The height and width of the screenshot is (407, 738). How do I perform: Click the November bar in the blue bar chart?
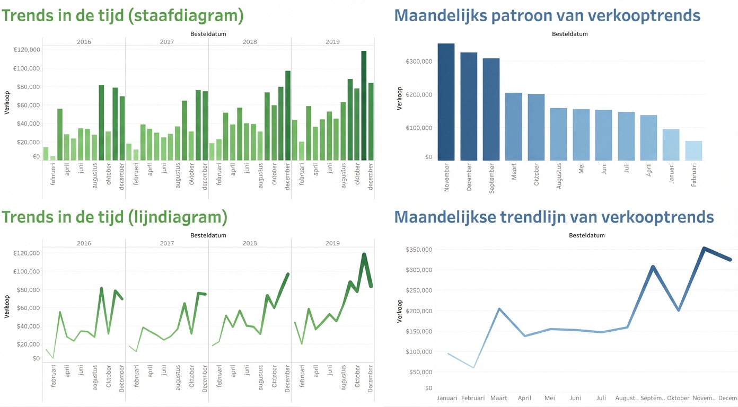(x=446, y=102)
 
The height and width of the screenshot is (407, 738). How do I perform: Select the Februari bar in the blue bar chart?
(x=693, y=151)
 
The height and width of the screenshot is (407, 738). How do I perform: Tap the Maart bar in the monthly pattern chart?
(x=513, y=127)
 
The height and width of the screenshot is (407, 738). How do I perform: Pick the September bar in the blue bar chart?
(x=491, y=109)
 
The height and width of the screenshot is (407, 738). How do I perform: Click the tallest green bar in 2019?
(x=364, y=105)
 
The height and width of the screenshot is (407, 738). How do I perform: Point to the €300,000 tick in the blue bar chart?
(x=419, y=61)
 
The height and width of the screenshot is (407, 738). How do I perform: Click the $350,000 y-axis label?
(x=418, y=250)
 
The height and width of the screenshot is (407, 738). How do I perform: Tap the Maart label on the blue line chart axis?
(x=498, y=398)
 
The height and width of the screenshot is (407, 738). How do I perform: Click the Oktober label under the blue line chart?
(x=678, y=398)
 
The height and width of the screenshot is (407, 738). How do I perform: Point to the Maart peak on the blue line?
(x=499, y=309)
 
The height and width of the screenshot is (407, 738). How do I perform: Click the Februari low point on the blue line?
(x=473, y=367)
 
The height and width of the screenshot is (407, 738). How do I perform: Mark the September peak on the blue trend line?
(x=653, y=267)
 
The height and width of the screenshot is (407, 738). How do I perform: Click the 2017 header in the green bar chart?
(x=166, y=41)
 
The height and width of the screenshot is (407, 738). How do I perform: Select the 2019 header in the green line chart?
(x=332, y=243)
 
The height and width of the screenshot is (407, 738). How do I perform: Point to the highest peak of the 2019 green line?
(x=364, y=255)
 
